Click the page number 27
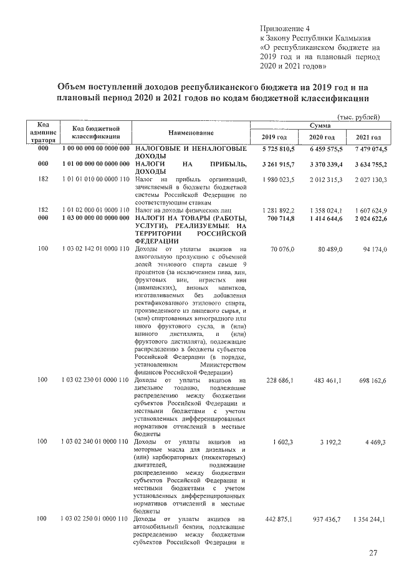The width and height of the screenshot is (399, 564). tap(373, 552)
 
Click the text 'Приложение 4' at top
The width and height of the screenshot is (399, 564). tap(284, 29)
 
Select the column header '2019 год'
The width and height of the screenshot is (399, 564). tap(274, 137)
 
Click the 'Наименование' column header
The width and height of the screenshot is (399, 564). tap(191, 133)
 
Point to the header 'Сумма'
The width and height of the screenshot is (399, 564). tap(323, 126)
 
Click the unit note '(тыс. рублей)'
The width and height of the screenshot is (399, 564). tap(357, 117)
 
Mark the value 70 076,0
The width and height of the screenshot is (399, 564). tap(281, 250)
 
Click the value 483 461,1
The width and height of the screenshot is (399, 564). tap(326, 380)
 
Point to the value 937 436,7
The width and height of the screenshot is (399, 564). tap(326, 519)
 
